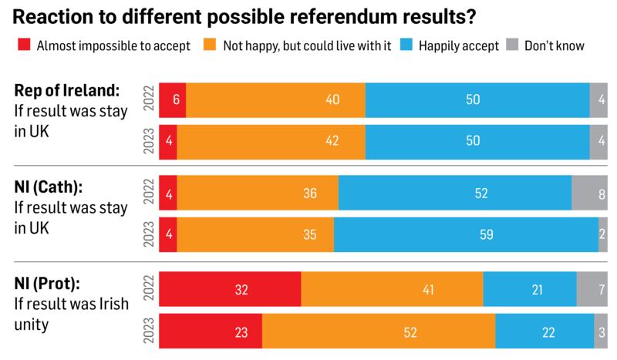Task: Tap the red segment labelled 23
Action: click(x=211, y=332)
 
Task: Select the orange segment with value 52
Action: click(x=379, y=332)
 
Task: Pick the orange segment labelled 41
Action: click(x=392, y=290)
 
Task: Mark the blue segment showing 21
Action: click(x=530, y=290)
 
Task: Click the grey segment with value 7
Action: click(x=592, y=290)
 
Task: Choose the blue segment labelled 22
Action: click(x=545, y=332)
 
